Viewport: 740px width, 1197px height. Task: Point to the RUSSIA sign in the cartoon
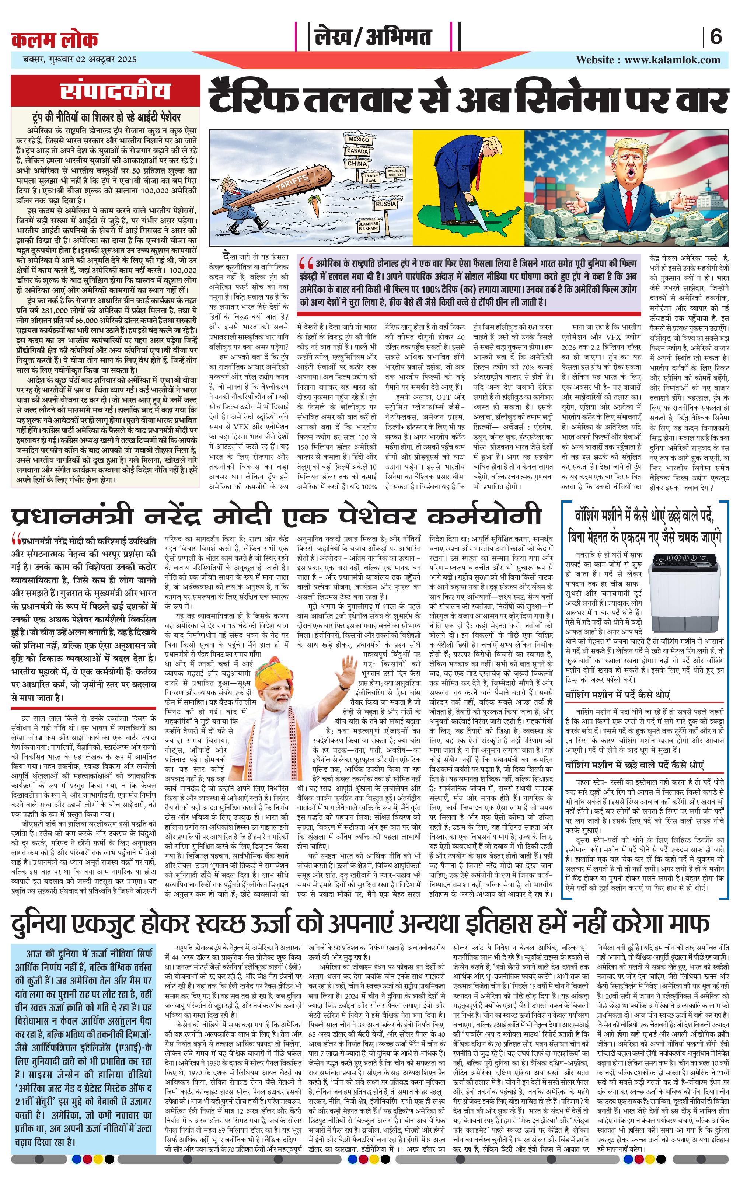[386, 203]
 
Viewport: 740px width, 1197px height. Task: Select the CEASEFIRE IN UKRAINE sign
[368, 226]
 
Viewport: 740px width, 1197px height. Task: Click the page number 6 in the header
[716, 37]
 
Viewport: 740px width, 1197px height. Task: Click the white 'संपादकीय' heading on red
[115, 91]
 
